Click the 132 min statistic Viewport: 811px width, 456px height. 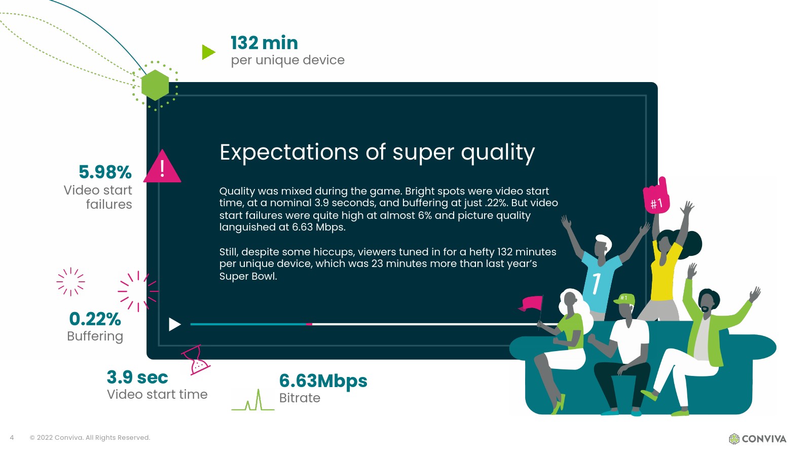pyautogui.click(x=264, y=43)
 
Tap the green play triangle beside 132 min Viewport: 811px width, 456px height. pyautogui.click(x=208, y=52)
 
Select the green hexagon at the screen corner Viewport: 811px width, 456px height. pyautogui.click(x=155, y=85)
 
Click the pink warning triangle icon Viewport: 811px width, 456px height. pyautogui.click(x=162, y=167)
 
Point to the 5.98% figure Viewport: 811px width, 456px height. pyautogui.click(x=105, y=172)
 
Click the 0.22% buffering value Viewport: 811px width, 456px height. pyautogui.click(x=95, y=319)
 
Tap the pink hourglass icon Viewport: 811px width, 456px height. pyautogui.click(x=196, y=360)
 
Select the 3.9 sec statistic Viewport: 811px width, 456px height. pyautogui.click(x=137, y=377)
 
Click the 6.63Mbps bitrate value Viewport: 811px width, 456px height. pyautogui.click(x=323, y=381)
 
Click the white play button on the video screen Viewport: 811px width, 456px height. pyautogui.click(x=174, y=324)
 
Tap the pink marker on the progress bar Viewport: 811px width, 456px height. pyautogui.click(x=309, y=324)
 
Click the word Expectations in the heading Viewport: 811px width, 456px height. pyautogui.click(x=289, y=152)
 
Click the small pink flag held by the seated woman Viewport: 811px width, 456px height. pyautogui.click(x=532, y=303)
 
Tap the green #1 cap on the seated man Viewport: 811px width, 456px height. pyautogui.click(x=624, y=299)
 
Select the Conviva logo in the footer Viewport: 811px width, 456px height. pyautogui.click(x=757, y=439)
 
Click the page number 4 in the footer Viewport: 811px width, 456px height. pyautogui.click(x=12, y=438)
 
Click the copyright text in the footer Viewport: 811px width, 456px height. pyautogui.click(x=90, y=438)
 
